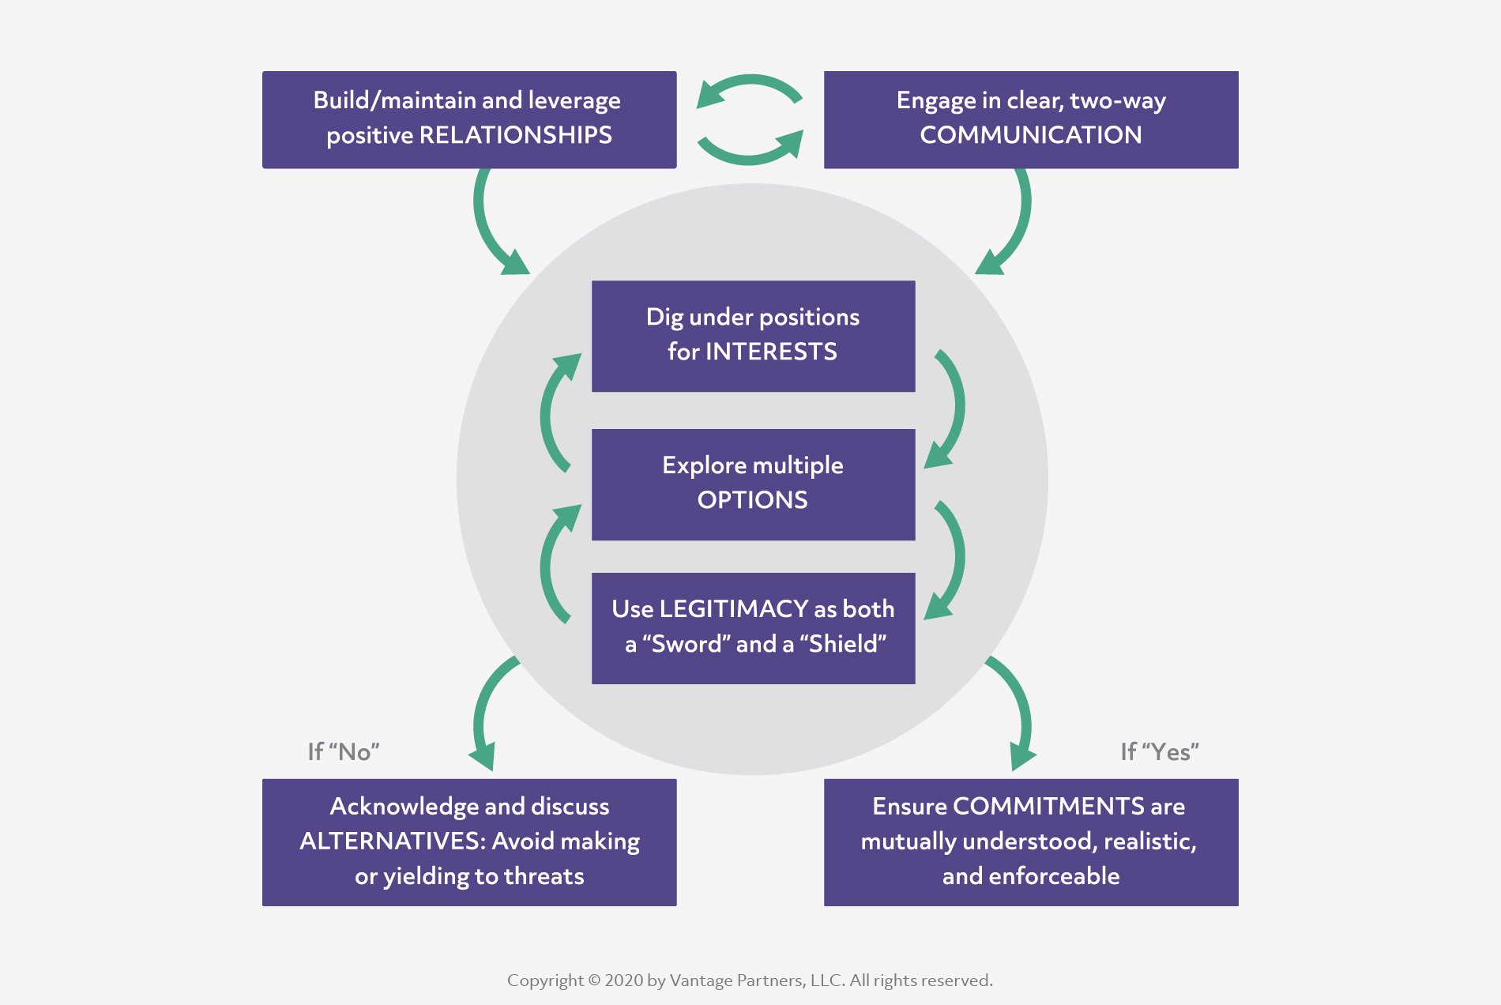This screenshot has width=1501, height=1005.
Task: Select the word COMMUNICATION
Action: (1030, 135)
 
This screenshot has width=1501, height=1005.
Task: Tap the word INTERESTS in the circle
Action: (770, 352)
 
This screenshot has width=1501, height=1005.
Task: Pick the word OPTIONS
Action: (752, 500)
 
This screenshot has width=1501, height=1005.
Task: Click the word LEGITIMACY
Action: (733, 608)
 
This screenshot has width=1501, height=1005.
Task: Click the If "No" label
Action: (343, 751)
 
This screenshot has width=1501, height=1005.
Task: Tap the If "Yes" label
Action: (1159, 751)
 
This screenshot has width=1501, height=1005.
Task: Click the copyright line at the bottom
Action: (750, 981)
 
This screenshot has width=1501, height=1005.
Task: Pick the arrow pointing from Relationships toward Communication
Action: (750, 151)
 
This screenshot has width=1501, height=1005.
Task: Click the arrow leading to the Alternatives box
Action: (486, 711)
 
